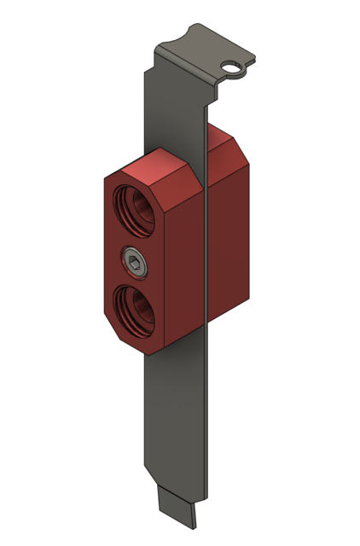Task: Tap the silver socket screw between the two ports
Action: (x=135, y=260)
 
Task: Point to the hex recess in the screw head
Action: (x=135, y=260)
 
